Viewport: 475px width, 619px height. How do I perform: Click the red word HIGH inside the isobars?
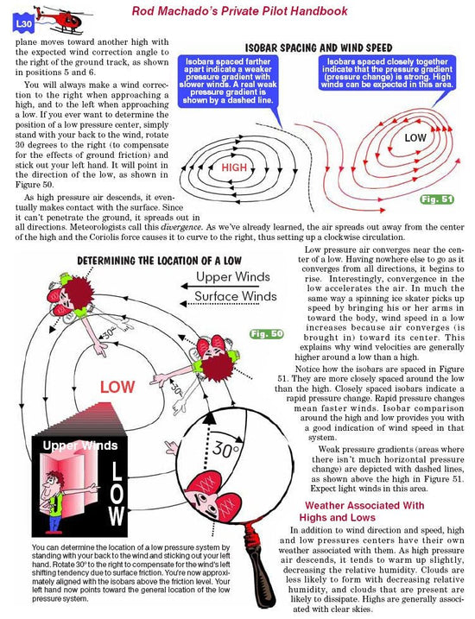coord(235,167)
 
